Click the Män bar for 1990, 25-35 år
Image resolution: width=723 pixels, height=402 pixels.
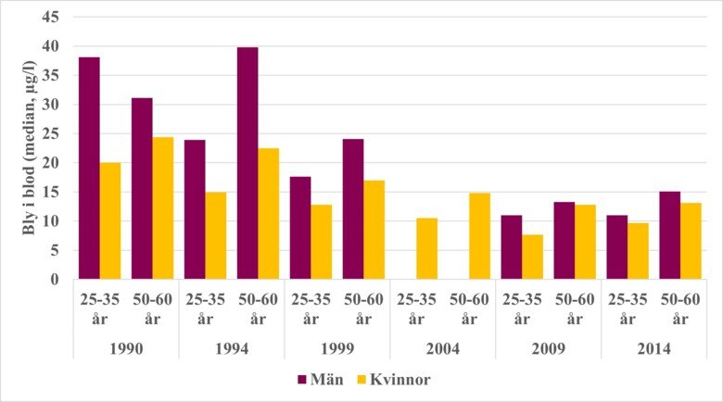pos(89,168)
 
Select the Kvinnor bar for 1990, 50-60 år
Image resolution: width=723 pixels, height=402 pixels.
pos(162,208)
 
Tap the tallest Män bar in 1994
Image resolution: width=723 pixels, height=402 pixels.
pos(247,163)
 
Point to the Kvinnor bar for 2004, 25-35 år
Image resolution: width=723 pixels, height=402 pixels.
pos(426,248)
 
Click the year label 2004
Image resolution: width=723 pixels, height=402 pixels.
pos(442,349)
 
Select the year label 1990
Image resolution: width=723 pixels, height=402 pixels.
pos(126,349)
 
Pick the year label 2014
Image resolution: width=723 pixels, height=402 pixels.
pos(653,349)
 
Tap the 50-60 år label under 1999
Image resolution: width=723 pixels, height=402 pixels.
pos(363,310)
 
